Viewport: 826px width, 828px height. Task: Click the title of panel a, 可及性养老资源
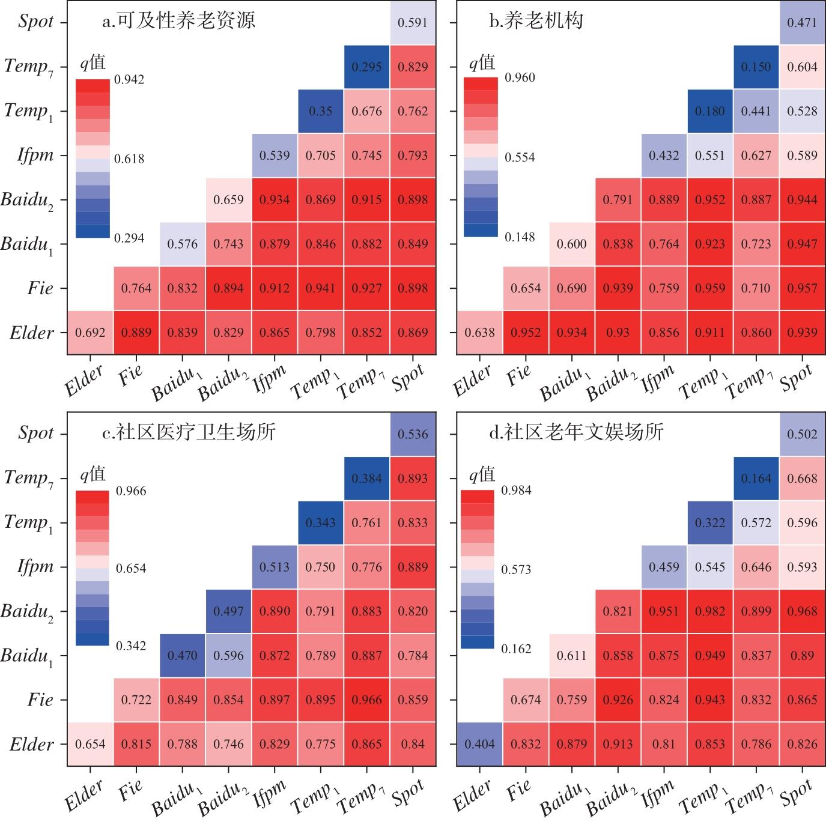point(178,21)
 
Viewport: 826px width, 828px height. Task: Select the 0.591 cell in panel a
point(413,22)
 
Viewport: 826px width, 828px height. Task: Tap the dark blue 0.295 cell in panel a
point(366,67)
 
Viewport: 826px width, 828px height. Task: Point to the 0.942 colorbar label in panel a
point(129,80)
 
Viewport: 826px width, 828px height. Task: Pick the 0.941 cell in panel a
point(320,288)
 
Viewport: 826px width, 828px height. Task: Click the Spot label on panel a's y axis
point(36,22)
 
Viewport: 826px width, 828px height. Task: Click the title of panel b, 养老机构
point(536,21)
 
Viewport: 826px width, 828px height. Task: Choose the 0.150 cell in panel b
point(756,67)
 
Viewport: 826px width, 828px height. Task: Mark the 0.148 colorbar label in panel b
point(520,237)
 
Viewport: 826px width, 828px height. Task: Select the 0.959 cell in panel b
point(710,288)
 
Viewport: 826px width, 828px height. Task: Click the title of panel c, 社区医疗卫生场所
point(189,432)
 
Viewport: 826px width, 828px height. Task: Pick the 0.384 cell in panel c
point(366,479)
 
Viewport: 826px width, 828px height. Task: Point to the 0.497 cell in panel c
point(228,611)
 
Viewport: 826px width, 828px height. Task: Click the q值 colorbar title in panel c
point(93,475)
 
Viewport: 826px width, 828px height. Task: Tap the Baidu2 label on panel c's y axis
point(27,612)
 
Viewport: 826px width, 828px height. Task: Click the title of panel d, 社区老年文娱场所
point(576,432)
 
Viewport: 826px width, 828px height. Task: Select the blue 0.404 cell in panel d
point(479,745)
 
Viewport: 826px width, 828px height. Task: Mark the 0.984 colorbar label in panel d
point(517,491)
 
